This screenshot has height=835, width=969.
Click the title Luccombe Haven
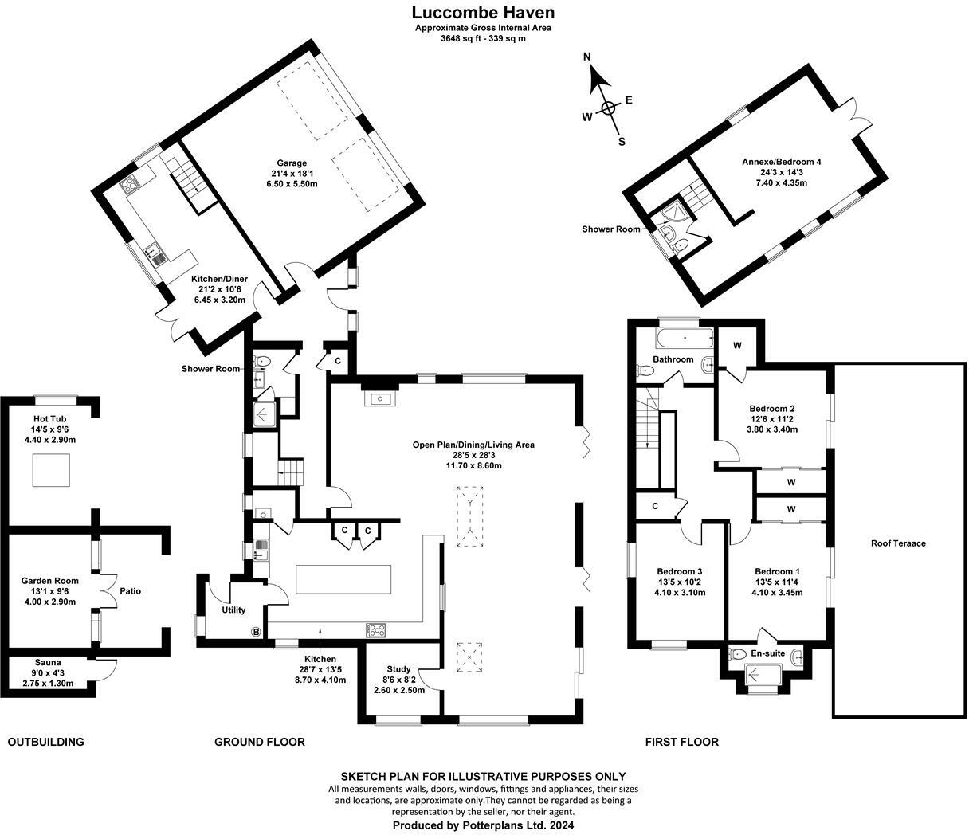[x=483, y=12]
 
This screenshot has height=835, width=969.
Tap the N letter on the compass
[x=587, y=57]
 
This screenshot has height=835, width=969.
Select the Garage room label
[x=292, y=163]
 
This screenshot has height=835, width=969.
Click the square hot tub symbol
[x=51, y=470]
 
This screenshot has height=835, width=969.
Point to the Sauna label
[x=48, y=662]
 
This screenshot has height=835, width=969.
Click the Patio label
[x=131, y=591]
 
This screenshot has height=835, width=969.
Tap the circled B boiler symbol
[x=256, y=632]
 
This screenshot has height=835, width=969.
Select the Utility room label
[x=233, y=610]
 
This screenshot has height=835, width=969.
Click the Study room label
[x=398, y=669]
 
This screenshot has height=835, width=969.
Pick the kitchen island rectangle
[x=343, y=579]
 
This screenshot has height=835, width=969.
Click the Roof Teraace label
[x=898, y=543]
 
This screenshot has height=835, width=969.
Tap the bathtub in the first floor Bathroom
[x=685, y=338]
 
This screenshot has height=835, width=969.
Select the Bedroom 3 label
[x=679, y=571]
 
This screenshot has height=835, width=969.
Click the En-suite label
[x=768, y=653]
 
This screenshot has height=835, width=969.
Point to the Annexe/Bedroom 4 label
[x=782, y=162]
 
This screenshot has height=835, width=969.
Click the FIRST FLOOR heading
[x=681, y=742]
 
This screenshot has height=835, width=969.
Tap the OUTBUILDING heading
[x=46, y=742]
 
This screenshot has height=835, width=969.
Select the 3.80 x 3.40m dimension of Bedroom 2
[x=771, y=429]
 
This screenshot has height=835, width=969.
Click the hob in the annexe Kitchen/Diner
[x=128, y=185]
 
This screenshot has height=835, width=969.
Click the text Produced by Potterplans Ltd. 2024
[x=483, y=825]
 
